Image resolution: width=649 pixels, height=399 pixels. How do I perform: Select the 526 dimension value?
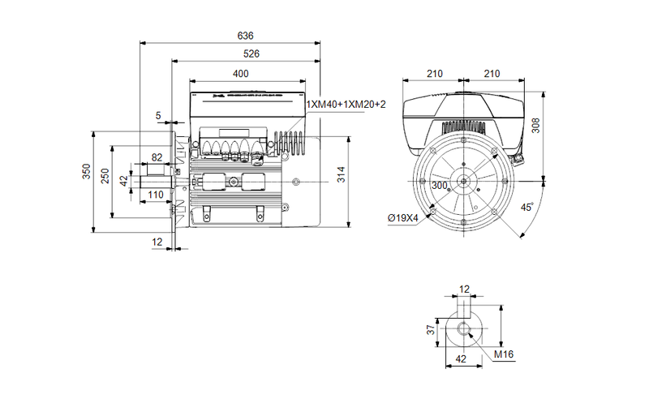coord(252,54)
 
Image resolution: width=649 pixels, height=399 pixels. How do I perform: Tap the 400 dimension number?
coord(241,74)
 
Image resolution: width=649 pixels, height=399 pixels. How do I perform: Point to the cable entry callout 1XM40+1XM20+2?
coord(346,105)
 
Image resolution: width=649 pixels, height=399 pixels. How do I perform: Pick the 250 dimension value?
coord(105,178)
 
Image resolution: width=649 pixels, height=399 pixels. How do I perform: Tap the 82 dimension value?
coord(157,159)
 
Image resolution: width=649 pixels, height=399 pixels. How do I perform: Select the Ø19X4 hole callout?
coord(402,218)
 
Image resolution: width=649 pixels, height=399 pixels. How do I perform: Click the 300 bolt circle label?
coord(440,186)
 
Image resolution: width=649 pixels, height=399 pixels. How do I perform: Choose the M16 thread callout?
coord(504,354)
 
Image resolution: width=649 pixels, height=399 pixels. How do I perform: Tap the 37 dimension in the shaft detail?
coord(432,329)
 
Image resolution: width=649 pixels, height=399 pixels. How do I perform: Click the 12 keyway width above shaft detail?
coord(464,290)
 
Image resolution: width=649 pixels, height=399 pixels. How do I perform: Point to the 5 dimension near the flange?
coord(157,116)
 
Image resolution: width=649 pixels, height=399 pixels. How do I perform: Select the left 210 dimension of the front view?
coord(434,74)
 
